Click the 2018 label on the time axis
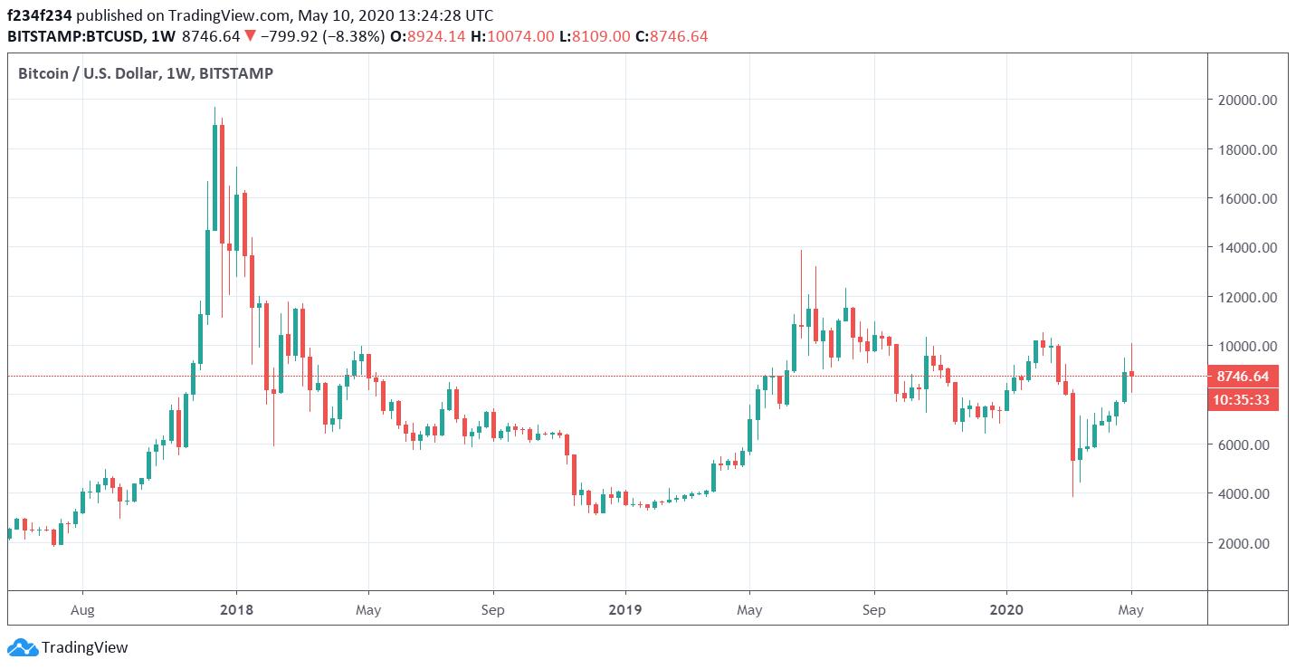point(236,609)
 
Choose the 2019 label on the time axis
point(624,609)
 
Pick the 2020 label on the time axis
point(1006,609)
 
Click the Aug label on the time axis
point(82,609)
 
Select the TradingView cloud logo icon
point(23,647)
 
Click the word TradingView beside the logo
point(85,647)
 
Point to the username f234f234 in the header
point(39,15)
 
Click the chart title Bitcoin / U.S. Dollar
point(89,73)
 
